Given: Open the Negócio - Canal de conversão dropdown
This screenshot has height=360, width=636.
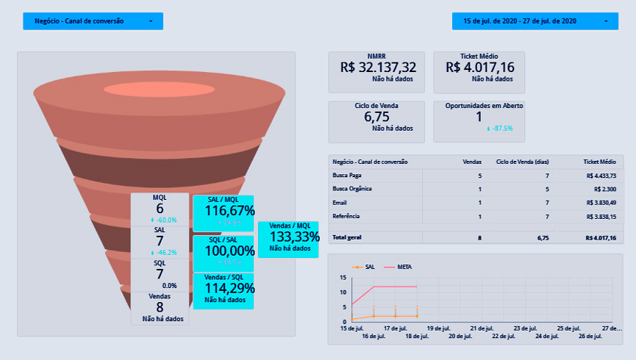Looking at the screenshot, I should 93,21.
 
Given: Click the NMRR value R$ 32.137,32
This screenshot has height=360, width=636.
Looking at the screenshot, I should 378,68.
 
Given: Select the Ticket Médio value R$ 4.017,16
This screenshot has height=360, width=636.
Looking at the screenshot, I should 479,68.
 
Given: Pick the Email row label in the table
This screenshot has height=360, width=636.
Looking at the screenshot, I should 340,203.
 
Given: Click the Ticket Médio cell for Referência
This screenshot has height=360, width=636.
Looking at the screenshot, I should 599,217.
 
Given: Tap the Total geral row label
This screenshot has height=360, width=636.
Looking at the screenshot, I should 349,238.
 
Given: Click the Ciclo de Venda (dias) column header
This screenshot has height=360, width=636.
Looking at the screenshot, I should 523,161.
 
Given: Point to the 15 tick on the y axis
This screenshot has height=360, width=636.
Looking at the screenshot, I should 343,278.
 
